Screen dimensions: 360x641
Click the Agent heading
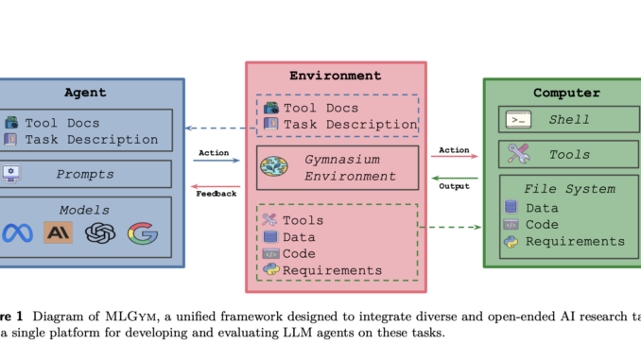point(84,93)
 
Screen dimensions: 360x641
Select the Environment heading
point(336,76)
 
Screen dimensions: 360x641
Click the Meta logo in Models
point(17,232)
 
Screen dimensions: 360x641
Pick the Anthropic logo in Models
point(58,232)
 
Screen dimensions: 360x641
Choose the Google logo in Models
point(143,232)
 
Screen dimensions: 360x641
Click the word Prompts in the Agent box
point(85,174)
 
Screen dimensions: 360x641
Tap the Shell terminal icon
point(517,120)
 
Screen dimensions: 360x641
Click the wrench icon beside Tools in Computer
point(517,153)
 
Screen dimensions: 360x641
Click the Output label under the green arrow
point(454,186)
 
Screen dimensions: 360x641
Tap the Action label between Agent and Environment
point(215,152)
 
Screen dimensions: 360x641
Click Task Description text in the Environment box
point(350,124)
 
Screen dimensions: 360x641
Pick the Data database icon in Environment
point(270,237)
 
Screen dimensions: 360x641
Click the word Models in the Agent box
point(84,210)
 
